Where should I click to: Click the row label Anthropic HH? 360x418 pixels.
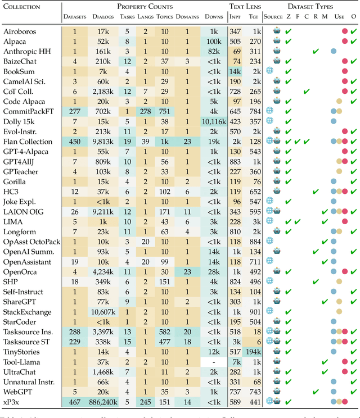pyautogui.click(x=26, y=52)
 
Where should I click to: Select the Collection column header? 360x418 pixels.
pyautogui.click(x=22, y=7)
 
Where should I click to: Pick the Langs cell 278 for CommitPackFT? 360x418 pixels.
pyautogui.click(x=145, y=112)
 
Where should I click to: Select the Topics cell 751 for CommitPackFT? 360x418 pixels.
pyautogui.click(x=165, y=112)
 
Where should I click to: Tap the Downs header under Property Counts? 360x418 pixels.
pyautogui.click(x=213, y=17)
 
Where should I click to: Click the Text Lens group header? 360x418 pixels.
pyautogui.click(x=244, y=7)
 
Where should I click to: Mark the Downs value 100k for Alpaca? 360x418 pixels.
pyautogui.click(x=213, y=42)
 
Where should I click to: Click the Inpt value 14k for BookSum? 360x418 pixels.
pyautogui.click(x=235, y=72)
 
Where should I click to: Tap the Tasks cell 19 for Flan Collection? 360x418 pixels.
pyautogui.click(x=127, y=142)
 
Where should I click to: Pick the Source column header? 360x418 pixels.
pyautogui.click(x=273, y=17)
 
